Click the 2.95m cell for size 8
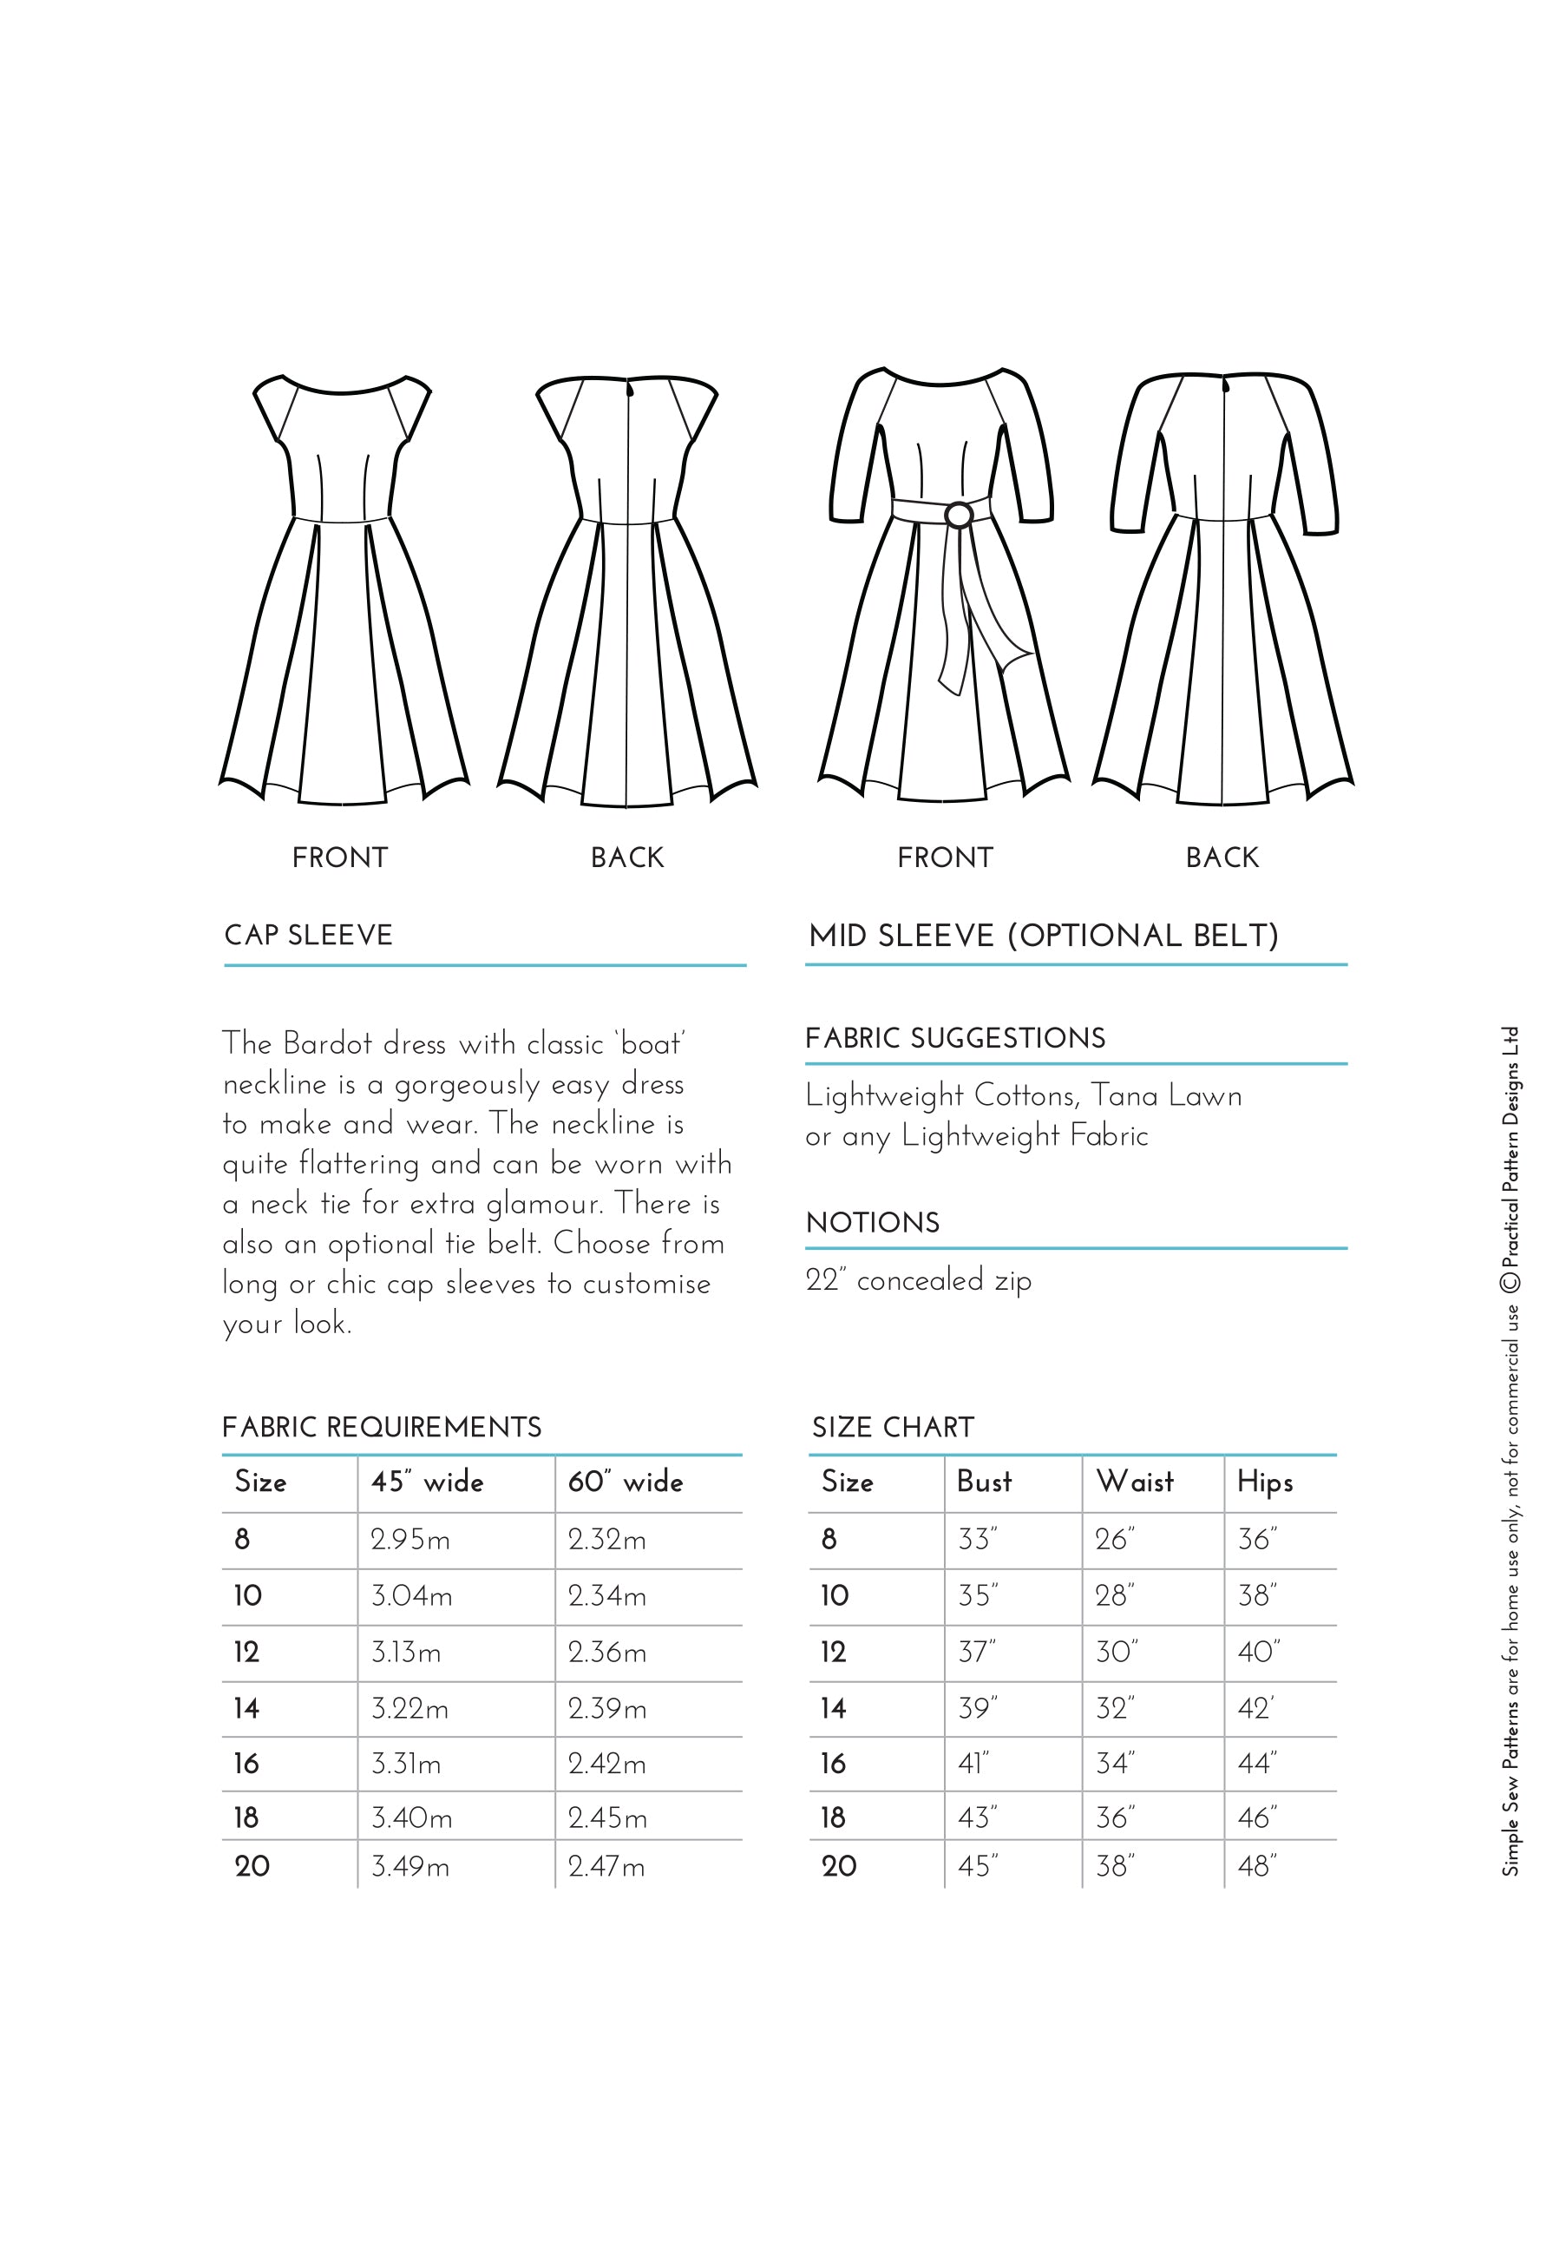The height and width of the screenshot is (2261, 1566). click(x=410, y=1540)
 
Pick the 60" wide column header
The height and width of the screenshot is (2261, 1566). click(x=625, y=1482)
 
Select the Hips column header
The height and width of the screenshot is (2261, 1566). click(x=1264, y=1482)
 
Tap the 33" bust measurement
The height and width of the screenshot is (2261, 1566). click(x=976, y=1540)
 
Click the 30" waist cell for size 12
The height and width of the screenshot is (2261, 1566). click(x=1116, y=1652)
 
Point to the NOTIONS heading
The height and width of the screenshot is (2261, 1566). click(x=872, y=1223)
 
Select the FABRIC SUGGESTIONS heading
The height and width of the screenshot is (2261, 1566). click(x=954, y=1038)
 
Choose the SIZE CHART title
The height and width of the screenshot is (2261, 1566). click(x=892, y=1427)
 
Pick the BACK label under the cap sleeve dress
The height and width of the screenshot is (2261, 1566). click(x=627, y=858)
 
